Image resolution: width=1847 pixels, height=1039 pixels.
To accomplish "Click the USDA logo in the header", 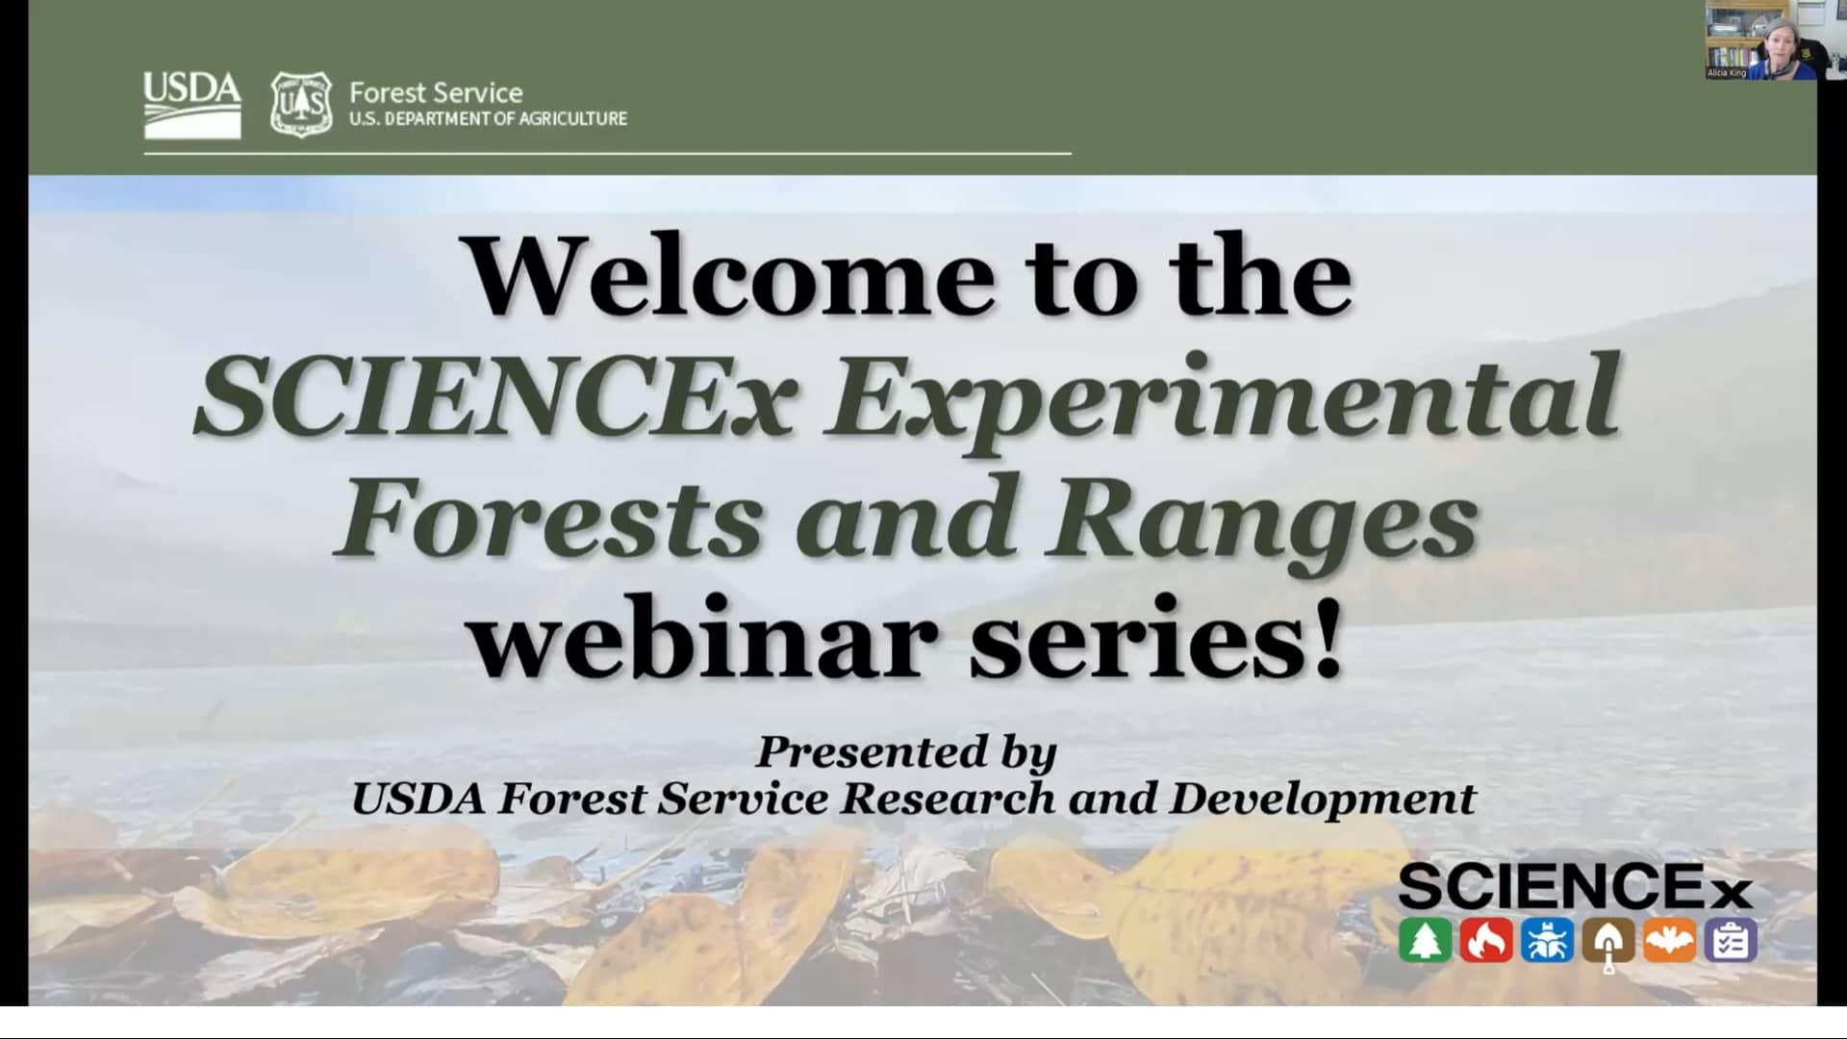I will click(192, 104).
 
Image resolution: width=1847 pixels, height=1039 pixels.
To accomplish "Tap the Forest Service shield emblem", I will click(301, 104).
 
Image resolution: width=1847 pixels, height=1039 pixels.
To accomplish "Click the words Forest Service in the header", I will click(436, 92).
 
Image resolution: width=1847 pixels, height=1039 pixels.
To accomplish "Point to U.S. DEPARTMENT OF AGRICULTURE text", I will click(488, 119).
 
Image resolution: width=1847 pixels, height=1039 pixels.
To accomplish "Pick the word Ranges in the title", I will click(1262, 519).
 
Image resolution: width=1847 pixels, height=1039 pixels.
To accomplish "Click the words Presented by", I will click(905, 752).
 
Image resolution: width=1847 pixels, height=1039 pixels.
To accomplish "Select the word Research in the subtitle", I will click(948, 798).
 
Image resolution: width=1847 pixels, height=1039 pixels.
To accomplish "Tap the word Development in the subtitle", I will click(1322, 798).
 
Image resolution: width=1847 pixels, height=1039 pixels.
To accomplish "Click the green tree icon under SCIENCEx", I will click(1425, 940).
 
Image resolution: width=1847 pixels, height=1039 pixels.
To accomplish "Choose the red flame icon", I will click(1486, 940).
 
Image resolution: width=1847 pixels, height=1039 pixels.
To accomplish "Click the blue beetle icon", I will click(1547, 940).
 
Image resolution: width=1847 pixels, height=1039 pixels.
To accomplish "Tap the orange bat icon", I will click(1669, 940).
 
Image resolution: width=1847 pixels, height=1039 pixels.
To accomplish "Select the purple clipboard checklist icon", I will click(1731, 940).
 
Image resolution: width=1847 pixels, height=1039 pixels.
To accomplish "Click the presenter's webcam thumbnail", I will click(1760, 40).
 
